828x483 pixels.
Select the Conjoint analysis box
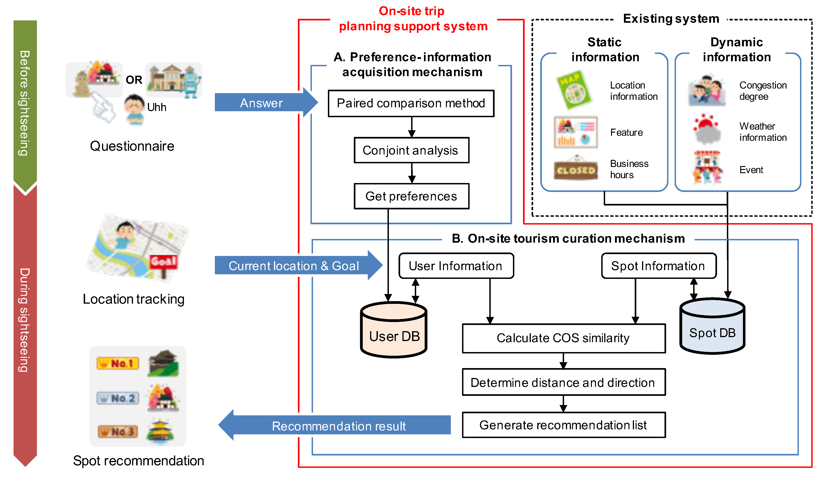click(x=411, y=150)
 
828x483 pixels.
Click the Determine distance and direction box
click(x=563, y=383)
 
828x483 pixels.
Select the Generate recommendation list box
click(x=563, y=425)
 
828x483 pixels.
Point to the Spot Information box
click(x=659, y=266)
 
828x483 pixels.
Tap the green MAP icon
click(x=574, y=90)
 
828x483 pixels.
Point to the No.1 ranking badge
click(x=118, y=364)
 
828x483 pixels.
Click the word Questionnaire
click(x=132, y=146)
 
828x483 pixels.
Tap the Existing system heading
click(x=671, y=19)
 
